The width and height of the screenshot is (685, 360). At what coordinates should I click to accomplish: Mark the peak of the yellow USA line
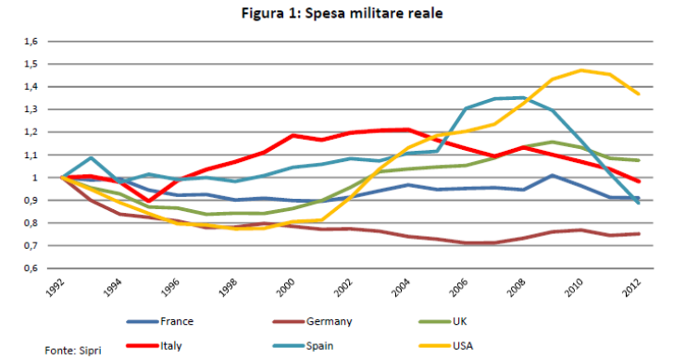click(581, 70)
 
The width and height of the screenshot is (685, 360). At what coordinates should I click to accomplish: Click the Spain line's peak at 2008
click(523, 97)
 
